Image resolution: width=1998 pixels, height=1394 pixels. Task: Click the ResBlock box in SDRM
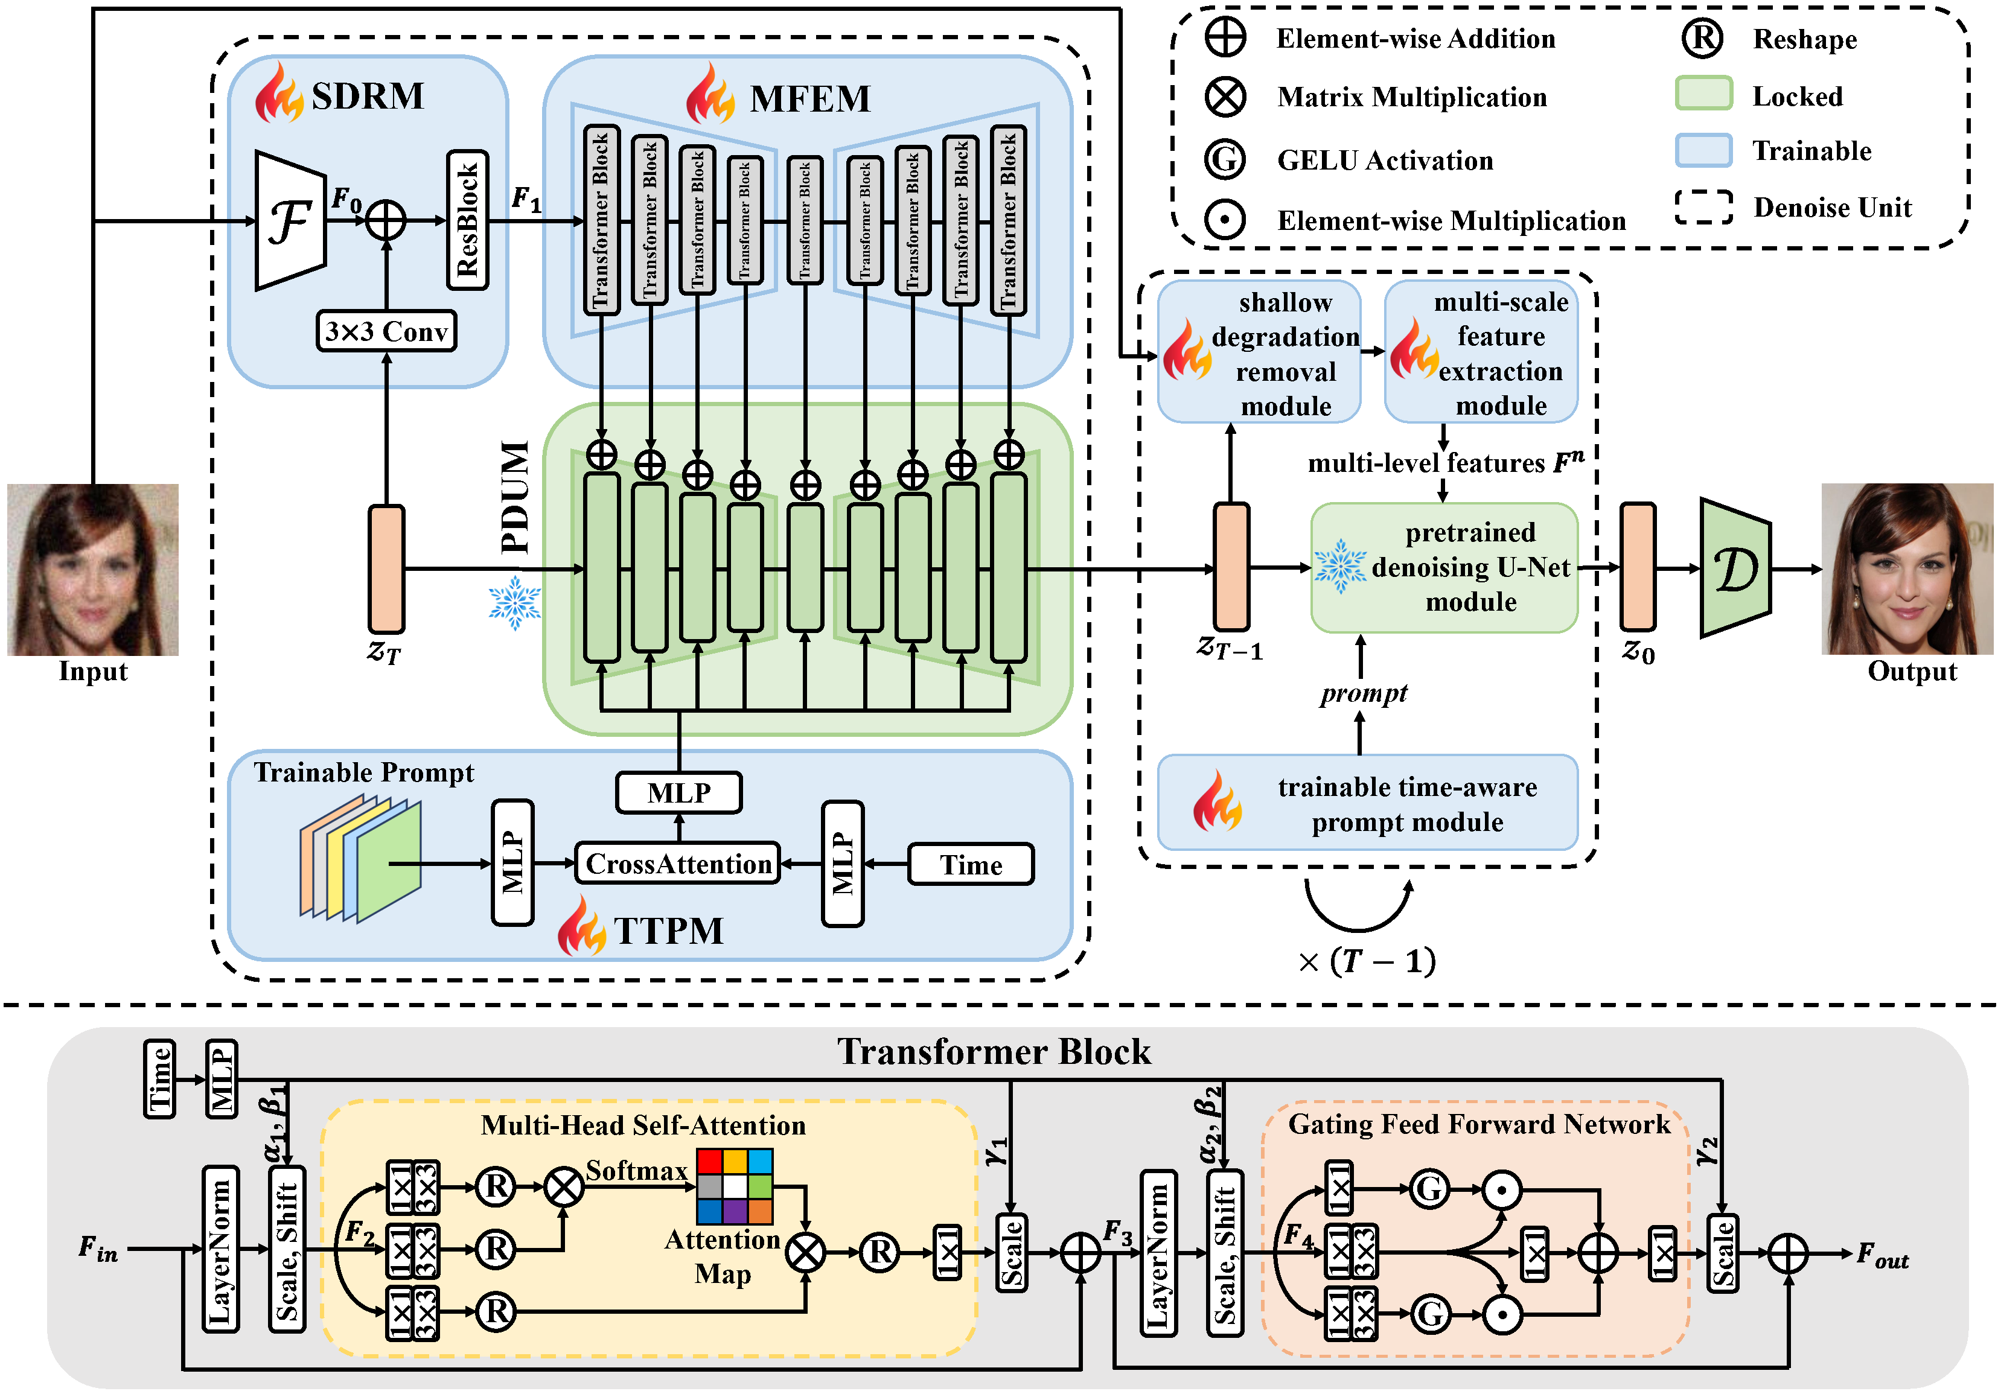pos(467,220)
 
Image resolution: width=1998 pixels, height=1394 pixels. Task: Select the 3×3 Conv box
pos(386,331)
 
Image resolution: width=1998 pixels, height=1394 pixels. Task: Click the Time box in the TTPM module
pos(971,864)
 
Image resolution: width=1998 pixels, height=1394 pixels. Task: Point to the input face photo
pos(93,569)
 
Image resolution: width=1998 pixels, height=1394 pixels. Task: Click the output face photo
pos(1907,569)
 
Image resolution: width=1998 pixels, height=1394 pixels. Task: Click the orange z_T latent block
pos(386,569)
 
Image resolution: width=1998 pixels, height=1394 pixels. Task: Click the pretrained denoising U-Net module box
pos(1444,567)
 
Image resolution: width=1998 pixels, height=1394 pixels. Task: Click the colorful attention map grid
pos(735,1186)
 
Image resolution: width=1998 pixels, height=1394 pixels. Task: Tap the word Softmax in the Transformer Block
pos(636,1170)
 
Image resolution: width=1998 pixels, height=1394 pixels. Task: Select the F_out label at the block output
pos(1882,1255)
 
